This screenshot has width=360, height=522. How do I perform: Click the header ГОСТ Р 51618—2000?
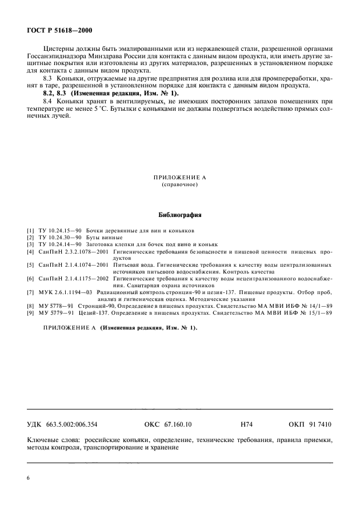pos(59,30)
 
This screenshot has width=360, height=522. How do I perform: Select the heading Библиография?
pos(179,215)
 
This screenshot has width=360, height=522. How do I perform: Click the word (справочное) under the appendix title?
pos(179,185)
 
